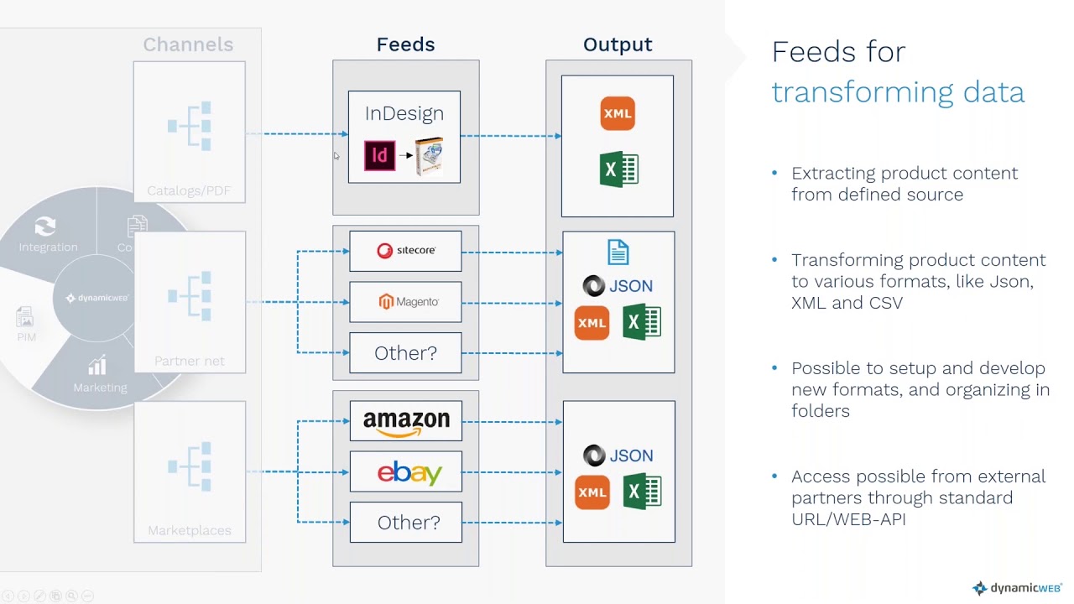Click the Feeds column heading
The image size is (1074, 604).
(x=405, y=44)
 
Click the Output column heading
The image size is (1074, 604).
(x=618, y=44)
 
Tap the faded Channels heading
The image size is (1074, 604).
(x=188, y=44)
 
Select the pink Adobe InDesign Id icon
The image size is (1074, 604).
(x=379, y=156)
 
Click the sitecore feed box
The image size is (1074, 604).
(x=405, y=251)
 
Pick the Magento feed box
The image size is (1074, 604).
(x=405, y=302)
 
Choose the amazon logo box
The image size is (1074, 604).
(x=406, y=421)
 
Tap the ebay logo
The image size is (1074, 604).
(x=409, y=472)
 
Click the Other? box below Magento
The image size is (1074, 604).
(x=405, y=353)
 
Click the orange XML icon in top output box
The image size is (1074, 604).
(x=618, y=114)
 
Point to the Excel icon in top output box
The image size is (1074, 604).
(x=619, y=169)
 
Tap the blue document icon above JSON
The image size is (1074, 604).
(x=618, y=252)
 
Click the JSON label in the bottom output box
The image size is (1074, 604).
(x=631, y=456)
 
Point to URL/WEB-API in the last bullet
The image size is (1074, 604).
(x=848, y=519)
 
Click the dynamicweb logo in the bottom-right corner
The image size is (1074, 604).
(x=1017, y=588)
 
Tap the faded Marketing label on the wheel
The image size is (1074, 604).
(x=100, y=388)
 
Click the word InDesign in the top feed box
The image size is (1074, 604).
(x=404, y=113)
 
